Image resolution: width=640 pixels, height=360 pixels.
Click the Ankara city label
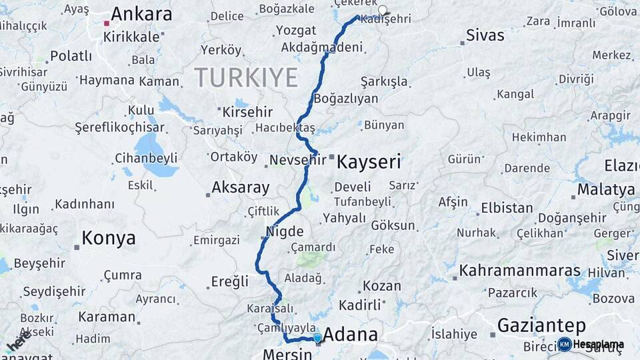click(x=141, y=15)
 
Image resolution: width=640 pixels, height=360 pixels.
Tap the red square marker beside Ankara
click(x=106, y=23)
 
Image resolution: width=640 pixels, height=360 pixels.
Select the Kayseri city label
click(x=369, y=161)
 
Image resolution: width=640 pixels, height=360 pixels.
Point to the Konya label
click(x=108, y=238)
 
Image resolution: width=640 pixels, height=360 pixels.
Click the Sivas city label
click(x=485, y=35)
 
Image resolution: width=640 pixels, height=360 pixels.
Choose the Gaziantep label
click(x=541, y=325)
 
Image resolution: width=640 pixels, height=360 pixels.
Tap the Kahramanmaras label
click(x=520, y=271)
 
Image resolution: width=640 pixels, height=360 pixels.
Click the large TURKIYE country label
click(x=246, y=78)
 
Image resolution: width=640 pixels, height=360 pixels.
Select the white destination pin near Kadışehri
click(x=383, y=10)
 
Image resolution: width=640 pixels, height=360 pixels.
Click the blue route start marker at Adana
click(x=317, y=338)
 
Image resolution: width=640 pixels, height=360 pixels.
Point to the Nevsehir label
click(x=297, y=160)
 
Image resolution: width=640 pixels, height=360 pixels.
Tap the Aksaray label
click(x=240, y=187)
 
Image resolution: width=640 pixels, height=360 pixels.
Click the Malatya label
click(x=605, y=189)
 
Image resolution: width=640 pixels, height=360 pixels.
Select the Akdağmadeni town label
click(x=322, y=47)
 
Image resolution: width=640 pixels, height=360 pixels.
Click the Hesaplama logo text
click(x=598, y=345)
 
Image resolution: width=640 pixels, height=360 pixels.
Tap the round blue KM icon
click(x=564, y=345)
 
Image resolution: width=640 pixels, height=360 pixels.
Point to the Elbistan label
click(x=507, y=208)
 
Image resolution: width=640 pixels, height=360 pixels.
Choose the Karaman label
click(x=107, y=316)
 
